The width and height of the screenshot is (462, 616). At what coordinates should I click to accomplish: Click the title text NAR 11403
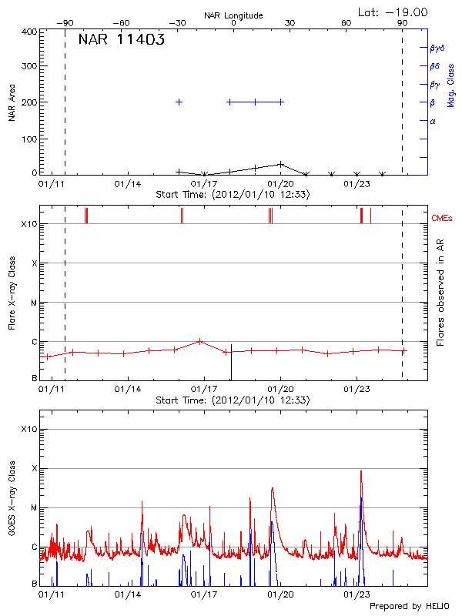[x=121, y=41]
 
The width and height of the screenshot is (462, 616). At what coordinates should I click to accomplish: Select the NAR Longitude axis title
[x=233, y=15]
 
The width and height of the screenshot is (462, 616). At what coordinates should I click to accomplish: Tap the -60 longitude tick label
[x=121, y=23]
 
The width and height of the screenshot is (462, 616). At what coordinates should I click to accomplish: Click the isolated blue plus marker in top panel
[x=179, y=102]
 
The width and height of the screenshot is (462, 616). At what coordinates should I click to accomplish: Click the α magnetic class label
[x=433, y=121]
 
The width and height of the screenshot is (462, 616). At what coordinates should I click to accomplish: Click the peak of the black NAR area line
[x=281, y=164]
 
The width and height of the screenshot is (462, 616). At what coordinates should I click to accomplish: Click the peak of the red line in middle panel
[x=200, y=340]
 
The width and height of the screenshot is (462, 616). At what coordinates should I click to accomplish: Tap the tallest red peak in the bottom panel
[x=360, y=472]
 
